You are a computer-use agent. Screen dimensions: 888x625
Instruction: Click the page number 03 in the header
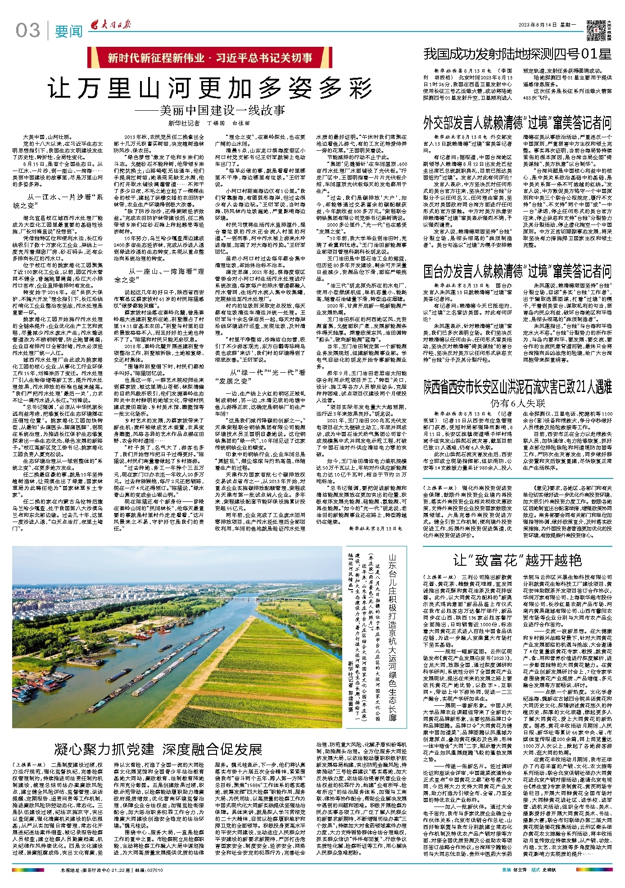click(28, 30)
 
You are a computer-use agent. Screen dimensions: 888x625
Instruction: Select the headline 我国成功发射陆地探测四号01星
click(517, 55)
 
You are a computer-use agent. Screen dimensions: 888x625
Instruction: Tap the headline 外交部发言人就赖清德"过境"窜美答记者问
click(517, 122)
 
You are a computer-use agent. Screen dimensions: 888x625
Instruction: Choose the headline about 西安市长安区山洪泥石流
click(517, 387)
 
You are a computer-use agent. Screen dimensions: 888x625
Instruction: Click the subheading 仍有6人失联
click(517, 402)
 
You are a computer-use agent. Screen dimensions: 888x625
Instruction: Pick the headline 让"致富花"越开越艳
click(517, 560)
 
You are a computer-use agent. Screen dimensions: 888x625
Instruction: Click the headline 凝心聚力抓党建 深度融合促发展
click(158, 749)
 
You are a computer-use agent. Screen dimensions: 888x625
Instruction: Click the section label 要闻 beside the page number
click(68, 32)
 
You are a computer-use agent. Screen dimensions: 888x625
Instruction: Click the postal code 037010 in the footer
click(154, 870)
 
